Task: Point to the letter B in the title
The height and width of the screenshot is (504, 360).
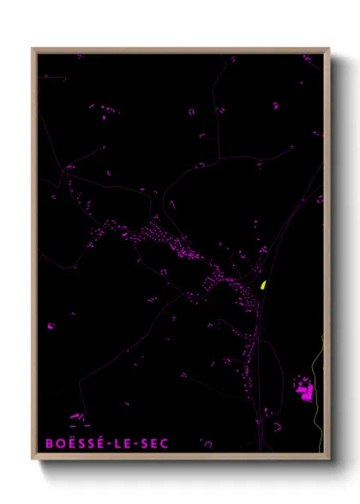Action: [49, 443]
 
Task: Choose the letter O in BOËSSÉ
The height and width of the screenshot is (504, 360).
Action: [60, 443]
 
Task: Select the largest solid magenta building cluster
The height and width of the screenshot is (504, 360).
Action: [303, 389]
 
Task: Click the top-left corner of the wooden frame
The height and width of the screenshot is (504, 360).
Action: [33, 49]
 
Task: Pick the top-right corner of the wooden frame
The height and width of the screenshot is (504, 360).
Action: [328, 49]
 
